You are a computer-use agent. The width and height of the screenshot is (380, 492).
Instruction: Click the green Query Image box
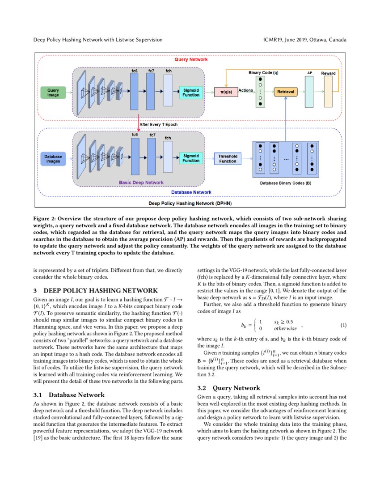pyautogui.click(x=53, y=92)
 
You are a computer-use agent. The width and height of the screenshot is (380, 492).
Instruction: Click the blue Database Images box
pyautogui.click(x=53, y=158)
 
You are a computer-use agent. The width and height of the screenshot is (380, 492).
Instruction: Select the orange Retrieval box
pyautogui.click(x=286, y=92)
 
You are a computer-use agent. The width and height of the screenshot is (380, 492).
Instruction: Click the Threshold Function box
pyautogui.click(x=228, y=158)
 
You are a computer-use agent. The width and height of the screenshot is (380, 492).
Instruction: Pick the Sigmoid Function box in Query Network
pyautogui.click(x=191, y=92)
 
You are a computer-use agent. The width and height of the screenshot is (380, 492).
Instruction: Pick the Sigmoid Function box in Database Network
pyautogui.click(x=191, y=158)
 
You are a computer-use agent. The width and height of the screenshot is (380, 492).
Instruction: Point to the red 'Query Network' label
pyautogui.click(x=190, y=59)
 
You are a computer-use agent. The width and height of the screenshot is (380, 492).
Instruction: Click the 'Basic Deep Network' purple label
pyautogui.click(x=141, y=182)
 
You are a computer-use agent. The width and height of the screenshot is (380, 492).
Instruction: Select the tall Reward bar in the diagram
pyautogui.click(x=328, y=91)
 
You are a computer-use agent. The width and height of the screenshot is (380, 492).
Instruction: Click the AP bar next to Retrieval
pyautogui.click(x=309, y=91)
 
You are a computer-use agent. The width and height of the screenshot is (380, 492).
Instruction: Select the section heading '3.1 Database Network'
pyautogui.click(x=69, y=395)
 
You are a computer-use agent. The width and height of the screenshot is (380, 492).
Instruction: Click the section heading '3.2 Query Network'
pyautogui.click(x=228, y=388)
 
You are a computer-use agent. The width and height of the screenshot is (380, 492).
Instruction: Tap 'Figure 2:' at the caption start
pyautogui.click(x=46, y=219)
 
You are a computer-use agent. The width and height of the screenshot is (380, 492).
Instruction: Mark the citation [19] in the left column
pyautogui.click(x=38, y=438)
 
